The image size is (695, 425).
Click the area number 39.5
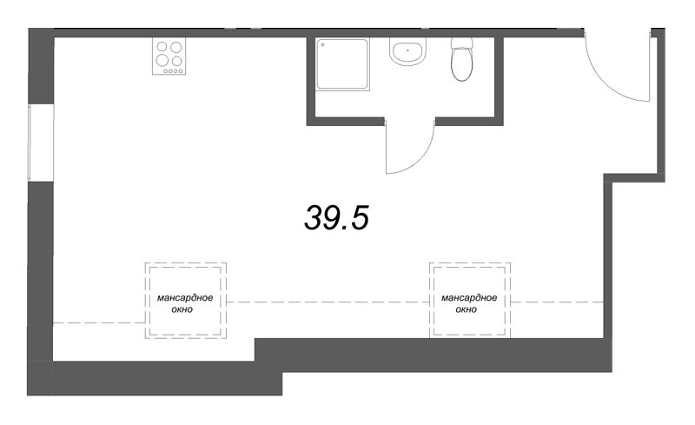[x=337, y=219]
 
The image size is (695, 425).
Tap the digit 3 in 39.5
[x=313, y=219]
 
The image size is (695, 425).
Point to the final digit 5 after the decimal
[x=359, y=219]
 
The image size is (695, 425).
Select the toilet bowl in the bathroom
[x=460, y=65]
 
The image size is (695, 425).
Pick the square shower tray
[x=342, y=63]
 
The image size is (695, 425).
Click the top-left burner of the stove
[x=162, y=47]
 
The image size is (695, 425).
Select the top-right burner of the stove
[x=177, y=47]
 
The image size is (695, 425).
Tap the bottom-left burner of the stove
[x=162, y=62]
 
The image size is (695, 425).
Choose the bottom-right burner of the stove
[x=177, y=62]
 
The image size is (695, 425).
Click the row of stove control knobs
[x=169, y=72]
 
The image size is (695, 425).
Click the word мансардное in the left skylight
[x=186, y=298]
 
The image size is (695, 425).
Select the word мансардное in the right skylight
[x=469, y=298]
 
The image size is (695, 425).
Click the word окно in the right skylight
[x=466, y=309]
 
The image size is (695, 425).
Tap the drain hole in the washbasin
[x=406, y=50]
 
